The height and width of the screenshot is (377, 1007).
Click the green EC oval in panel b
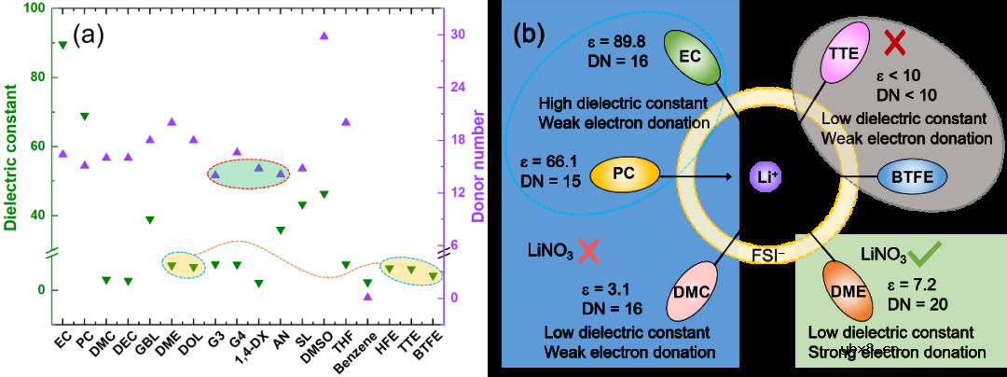(x=690, y=55)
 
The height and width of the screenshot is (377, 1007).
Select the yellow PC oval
(x=624, y=174)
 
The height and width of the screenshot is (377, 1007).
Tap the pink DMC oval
(x=691, y=291)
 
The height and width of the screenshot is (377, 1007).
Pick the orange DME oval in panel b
(x=847, y=290)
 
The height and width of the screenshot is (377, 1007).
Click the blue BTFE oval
(x=913, y=175)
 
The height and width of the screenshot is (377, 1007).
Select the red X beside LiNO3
(x=587, y=249)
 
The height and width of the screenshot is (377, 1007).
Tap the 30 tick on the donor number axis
(x=457, y=35)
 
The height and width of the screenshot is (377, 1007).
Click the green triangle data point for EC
(x=62, y=45)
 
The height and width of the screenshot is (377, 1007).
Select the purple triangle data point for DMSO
(x=324, y=35)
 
